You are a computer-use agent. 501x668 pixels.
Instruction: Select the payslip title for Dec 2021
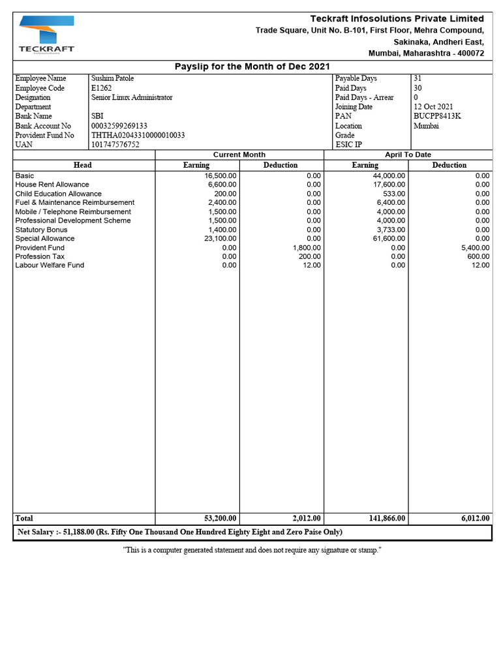tap(252, 67)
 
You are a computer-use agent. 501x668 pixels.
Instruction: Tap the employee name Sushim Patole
tap(112, 78)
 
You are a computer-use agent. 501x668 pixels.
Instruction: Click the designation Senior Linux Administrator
tap(132, 97)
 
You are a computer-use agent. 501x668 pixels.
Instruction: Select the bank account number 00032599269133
tap(119, 126)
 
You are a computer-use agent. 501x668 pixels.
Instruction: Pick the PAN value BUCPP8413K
tap(436, 116)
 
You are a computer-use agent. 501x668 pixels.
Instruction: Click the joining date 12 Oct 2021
tap(433, 107)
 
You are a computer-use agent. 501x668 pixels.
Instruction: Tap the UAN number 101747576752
tap(115, 145)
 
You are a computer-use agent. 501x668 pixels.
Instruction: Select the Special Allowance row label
tap(45, 239)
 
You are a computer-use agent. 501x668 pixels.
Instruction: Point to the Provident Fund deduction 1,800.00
tap(306, 248)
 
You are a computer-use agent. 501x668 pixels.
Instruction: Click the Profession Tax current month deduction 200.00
tap(310, 256)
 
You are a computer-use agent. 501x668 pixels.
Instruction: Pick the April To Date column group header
tap(408, 155)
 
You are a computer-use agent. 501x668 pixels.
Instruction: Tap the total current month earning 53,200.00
tap(220, 518)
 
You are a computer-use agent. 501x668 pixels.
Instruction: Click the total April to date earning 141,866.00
tap(387, 518)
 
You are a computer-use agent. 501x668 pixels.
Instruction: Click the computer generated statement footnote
tap(252, 551)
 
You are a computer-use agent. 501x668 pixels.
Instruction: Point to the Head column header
tap(83, 165)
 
